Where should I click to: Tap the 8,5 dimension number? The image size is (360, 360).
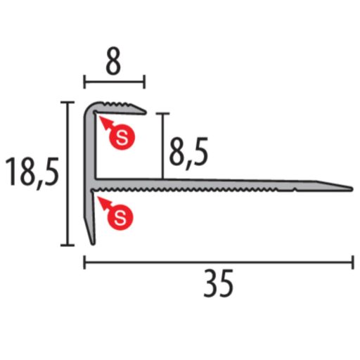pyautogui.click(x=188, y=151)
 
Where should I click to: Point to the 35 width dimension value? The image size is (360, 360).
pyautogui.click(x=219, y=285)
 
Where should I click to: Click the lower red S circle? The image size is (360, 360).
pyautogui.click(x=122, y=217)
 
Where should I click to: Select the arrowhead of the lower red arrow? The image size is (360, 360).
pyautogui.click(x=103, y=201)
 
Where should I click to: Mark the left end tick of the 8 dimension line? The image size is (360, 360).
pyautogui.click(x=85, y=82)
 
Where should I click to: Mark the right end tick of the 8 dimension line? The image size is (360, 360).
pyautogui.click(x=145, y=82)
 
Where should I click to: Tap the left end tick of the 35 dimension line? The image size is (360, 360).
pyautogui.click(x=85, y=263)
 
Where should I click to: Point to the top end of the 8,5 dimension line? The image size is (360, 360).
pyautogui.click(x=163, y=113)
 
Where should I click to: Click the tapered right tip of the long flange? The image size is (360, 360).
pyautogui.click(x=350, y=187)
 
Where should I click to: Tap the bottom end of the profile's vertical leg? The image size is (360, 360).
pyautogui.click(x=91, y=242)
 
